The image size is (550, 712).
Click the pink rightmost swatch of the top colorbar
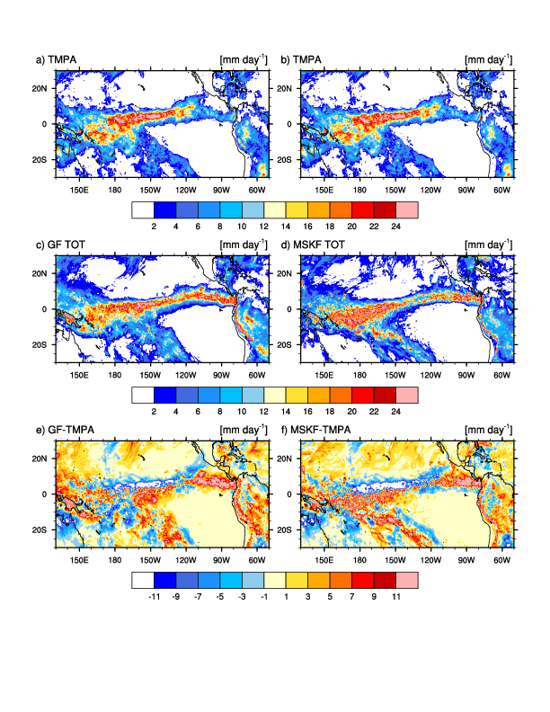(407, 209)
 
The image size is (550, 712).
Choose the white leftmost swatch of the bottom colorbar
(143, 579)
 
